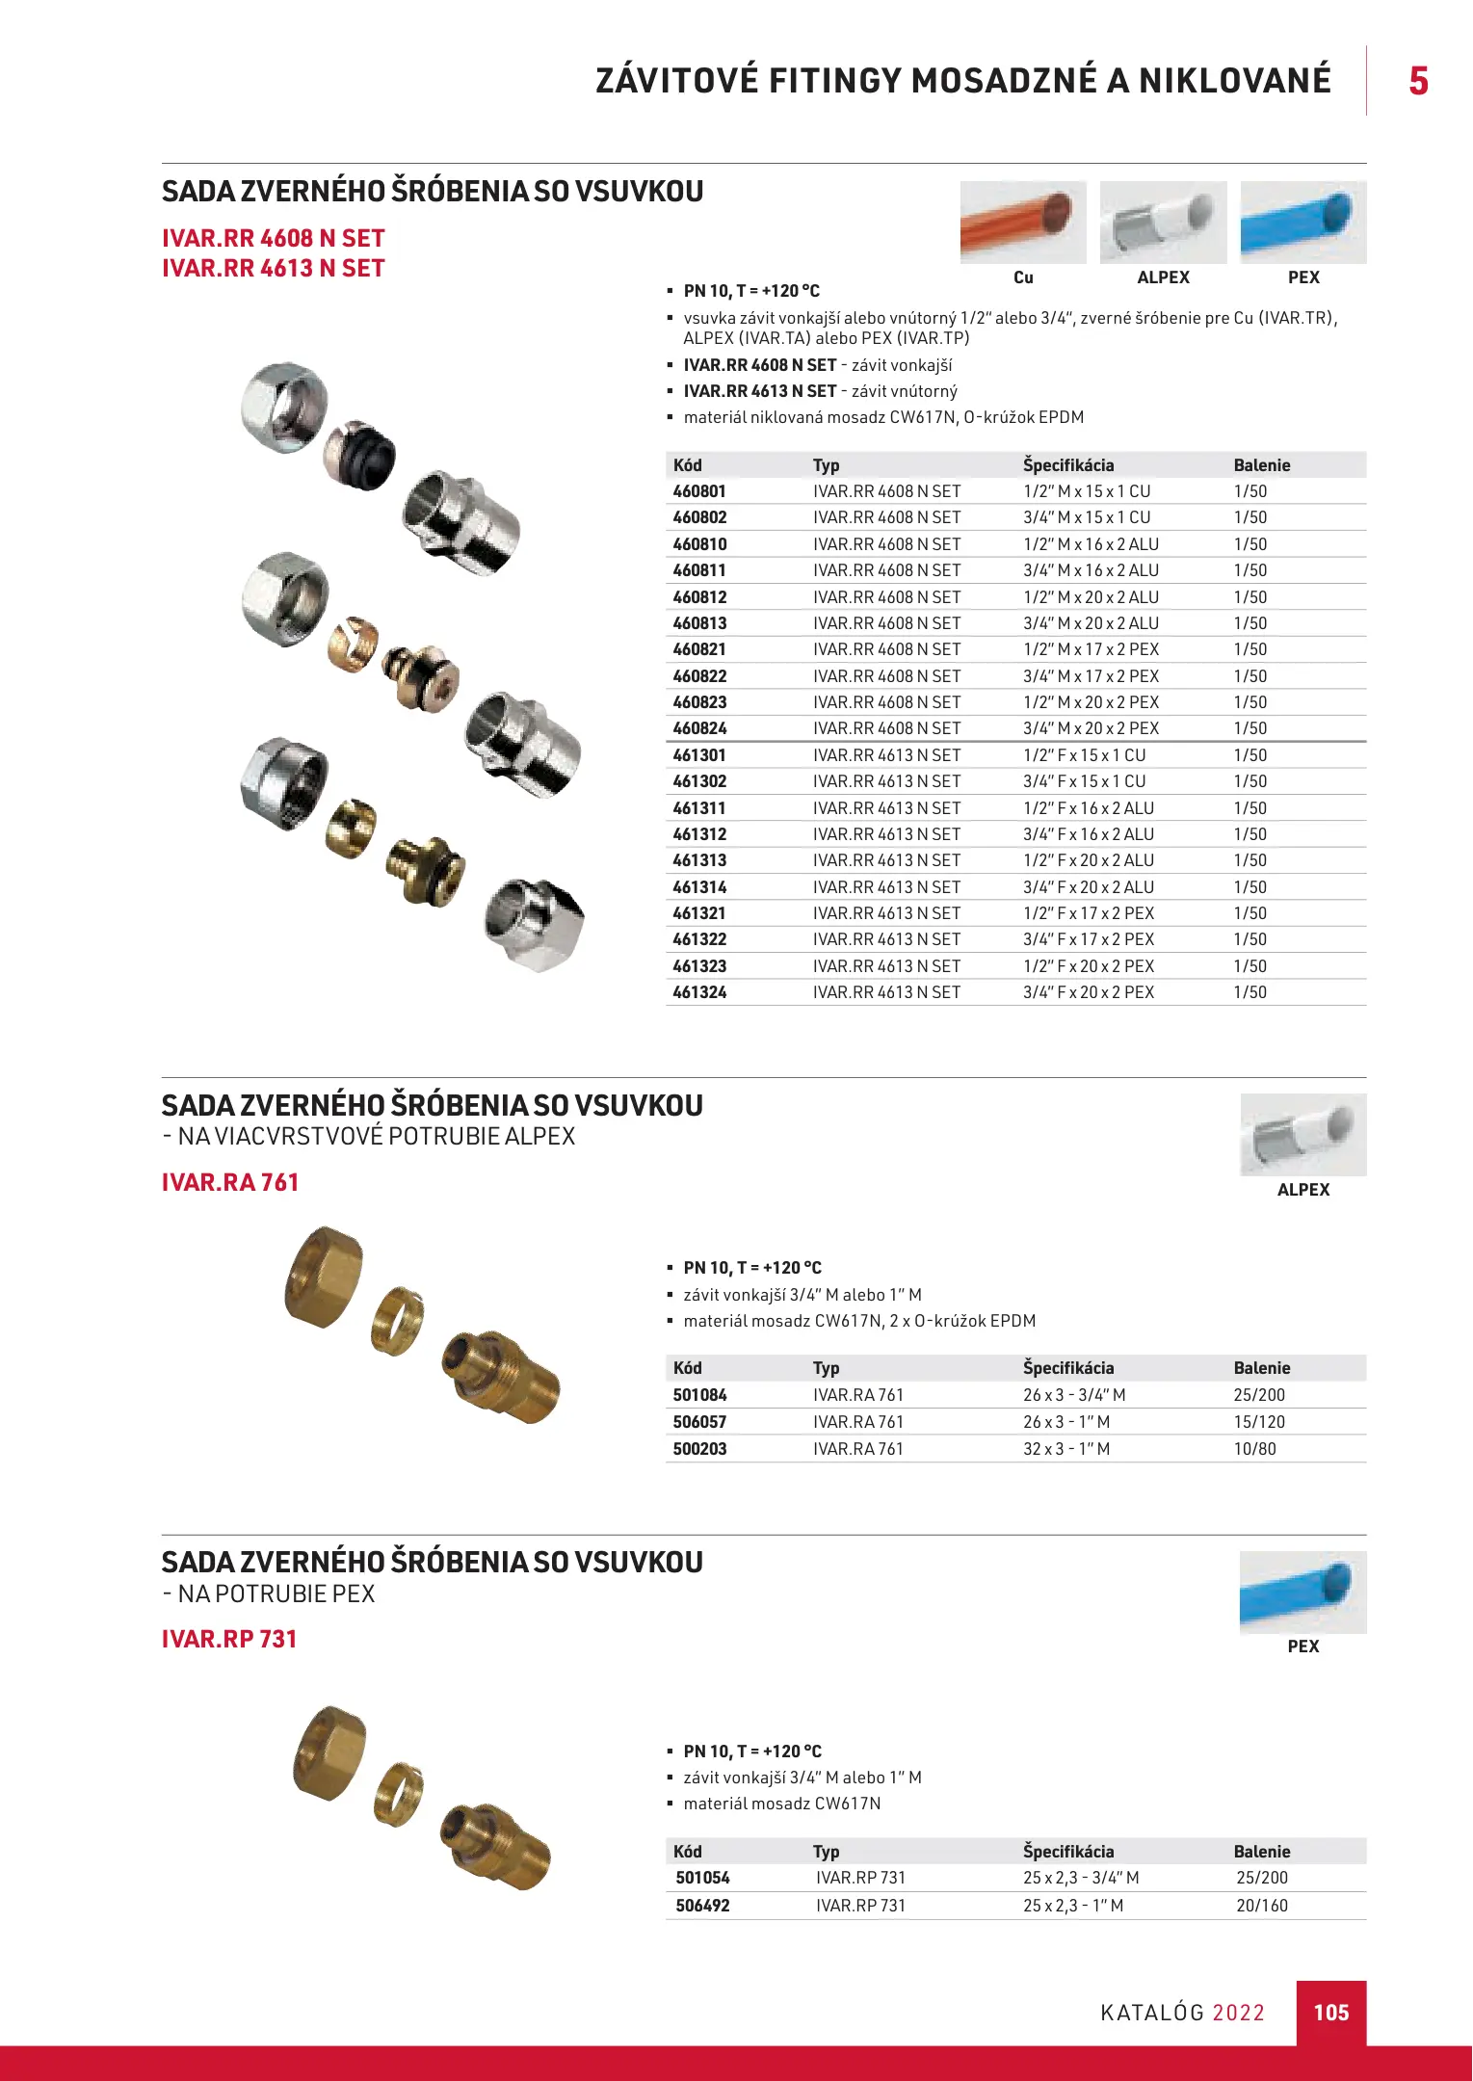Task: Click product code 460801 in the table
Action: [x=699, y=491]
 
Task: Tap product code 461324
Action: [x=699, y=992]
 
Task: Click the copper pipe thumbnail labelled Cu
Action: [x=1022, y=223]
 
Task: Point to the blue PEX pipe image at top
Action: [x=1302, y=223]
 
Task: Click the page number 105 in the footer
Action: [x=1330, y=2012]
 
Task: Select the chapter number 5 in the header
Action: [x=1418, y=81]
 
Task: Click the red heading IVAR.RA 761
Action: [x=230, y=1182]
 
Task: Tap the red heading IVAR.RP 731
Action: [x=229, y=1639]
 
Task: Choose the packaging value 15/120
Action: [x=1258, y=1422]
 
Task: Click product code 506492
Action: [x=702, y=1906]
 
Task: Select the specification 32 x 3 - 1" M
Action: [x=1065, y=1449]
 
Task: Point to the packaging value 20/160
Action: [x=1261, y=1906]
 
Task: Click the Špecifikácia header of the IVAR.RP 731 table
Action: [x=1068, y=1852]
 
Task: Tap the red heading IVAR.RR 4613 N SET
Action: [x=273, y=269]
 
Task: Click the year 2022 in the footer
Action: [x=1238, y=2013]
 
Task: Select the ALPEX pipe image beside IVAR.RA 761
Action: [x=1302, y=1135]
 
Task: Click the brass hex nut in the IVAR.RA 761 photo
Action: [x=324, y=1278]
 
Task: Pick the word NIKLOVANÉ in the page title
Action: [x=1235, y=81]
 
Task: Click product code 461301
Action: [x=699, y=755]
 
